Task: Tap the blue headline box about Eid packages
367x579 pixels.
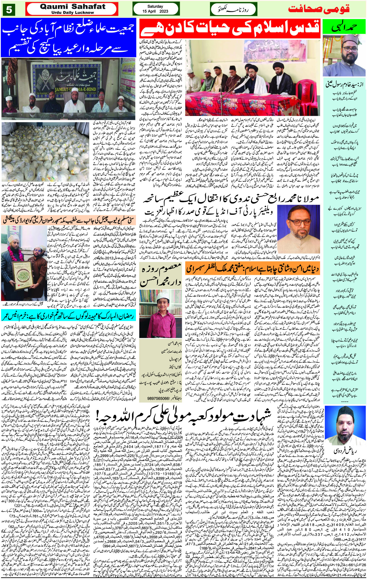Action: click(x=69, y=38)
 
